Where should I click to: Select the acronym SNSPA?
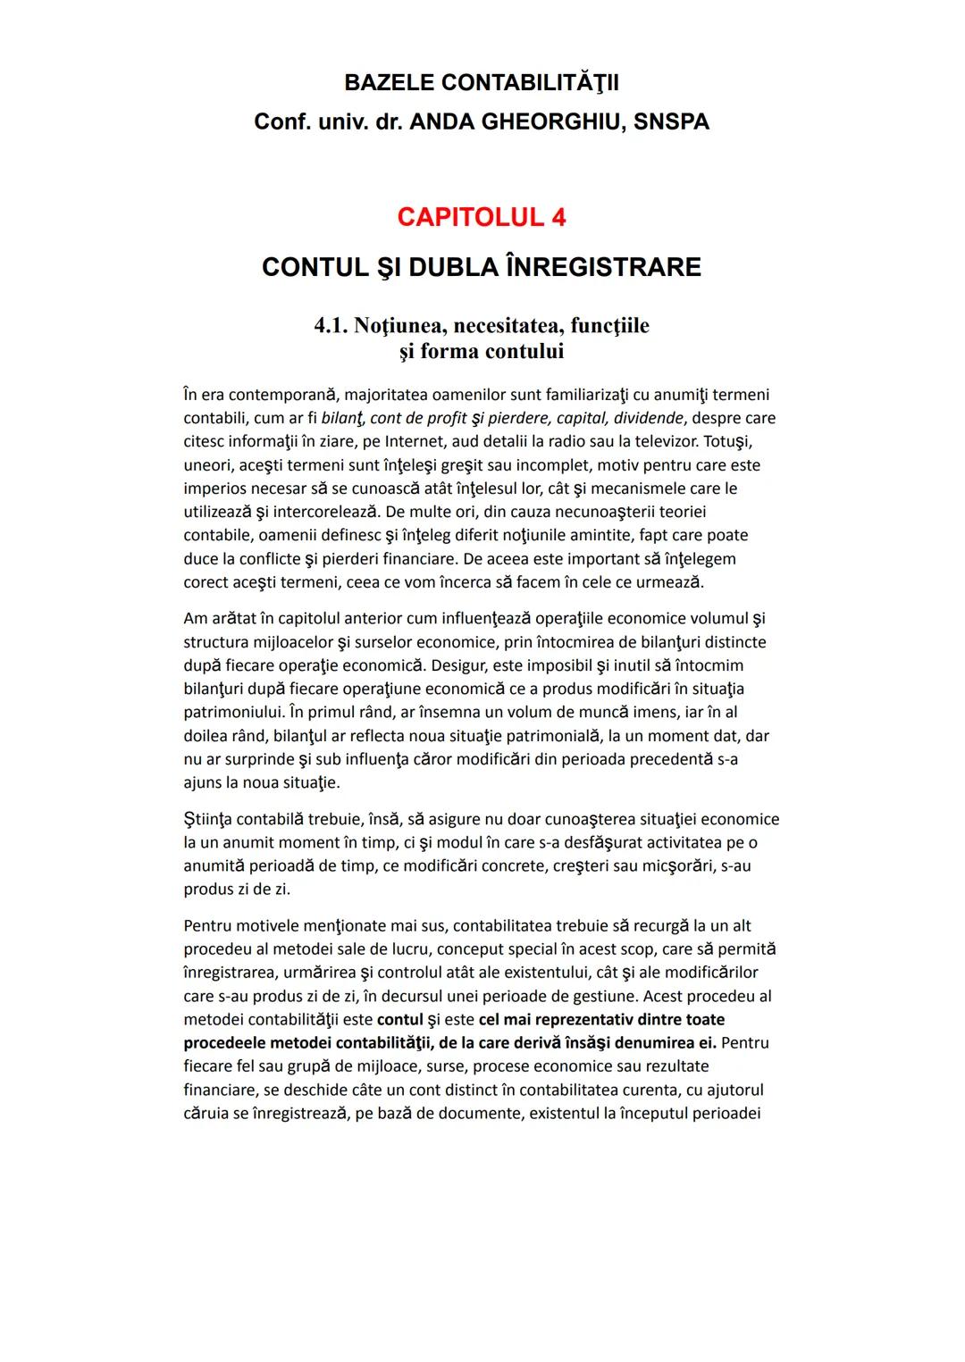tap(671, 122)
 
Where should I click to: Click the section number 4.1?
tap(331, 326)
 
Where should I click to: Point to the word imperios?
tap(218, 489)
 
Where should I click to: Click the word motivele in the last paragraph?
tap(267, 925)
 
